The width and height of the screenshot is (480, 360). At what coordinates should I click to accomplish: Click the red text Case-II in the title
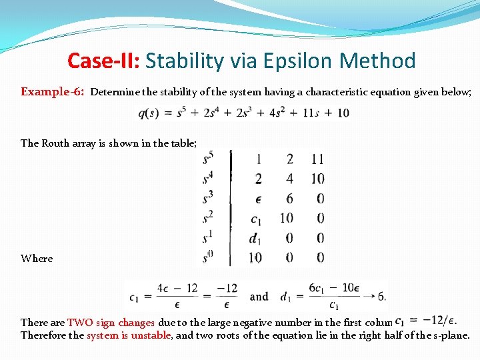(103, 61)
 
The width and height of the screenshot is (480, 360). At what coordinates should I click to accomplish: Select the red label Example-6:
(53, 92)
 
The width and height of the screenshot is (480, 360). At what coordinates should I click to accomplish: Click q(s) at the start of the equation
(152, 113)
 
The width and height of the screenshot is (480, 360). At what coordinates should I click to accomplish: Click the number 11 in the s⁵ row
(317, 159)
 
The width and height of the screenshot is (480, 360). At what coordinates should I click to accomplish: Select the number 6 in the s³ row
(289, 199)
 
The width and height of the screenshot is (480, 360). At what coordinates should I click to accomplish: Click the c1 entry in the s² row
(255, 219)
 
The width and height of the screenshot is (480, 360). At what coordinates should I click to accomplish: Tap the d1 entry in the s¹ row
(254, 238)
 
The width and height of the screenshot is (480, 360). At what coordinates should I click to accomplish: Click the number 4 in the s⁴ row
(289, 179)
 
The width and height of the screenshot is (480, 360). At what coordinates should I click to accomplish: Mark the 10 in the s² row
(287, 218)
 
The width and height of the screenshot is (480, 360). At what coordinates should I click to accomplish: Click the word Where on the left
(37, 259)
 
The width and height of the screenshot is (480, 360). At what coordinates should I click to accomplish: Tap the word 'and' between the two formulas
(259, 297)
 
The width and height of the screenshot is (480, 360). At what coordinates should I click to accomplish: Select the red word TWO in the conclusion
(80, 323)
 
